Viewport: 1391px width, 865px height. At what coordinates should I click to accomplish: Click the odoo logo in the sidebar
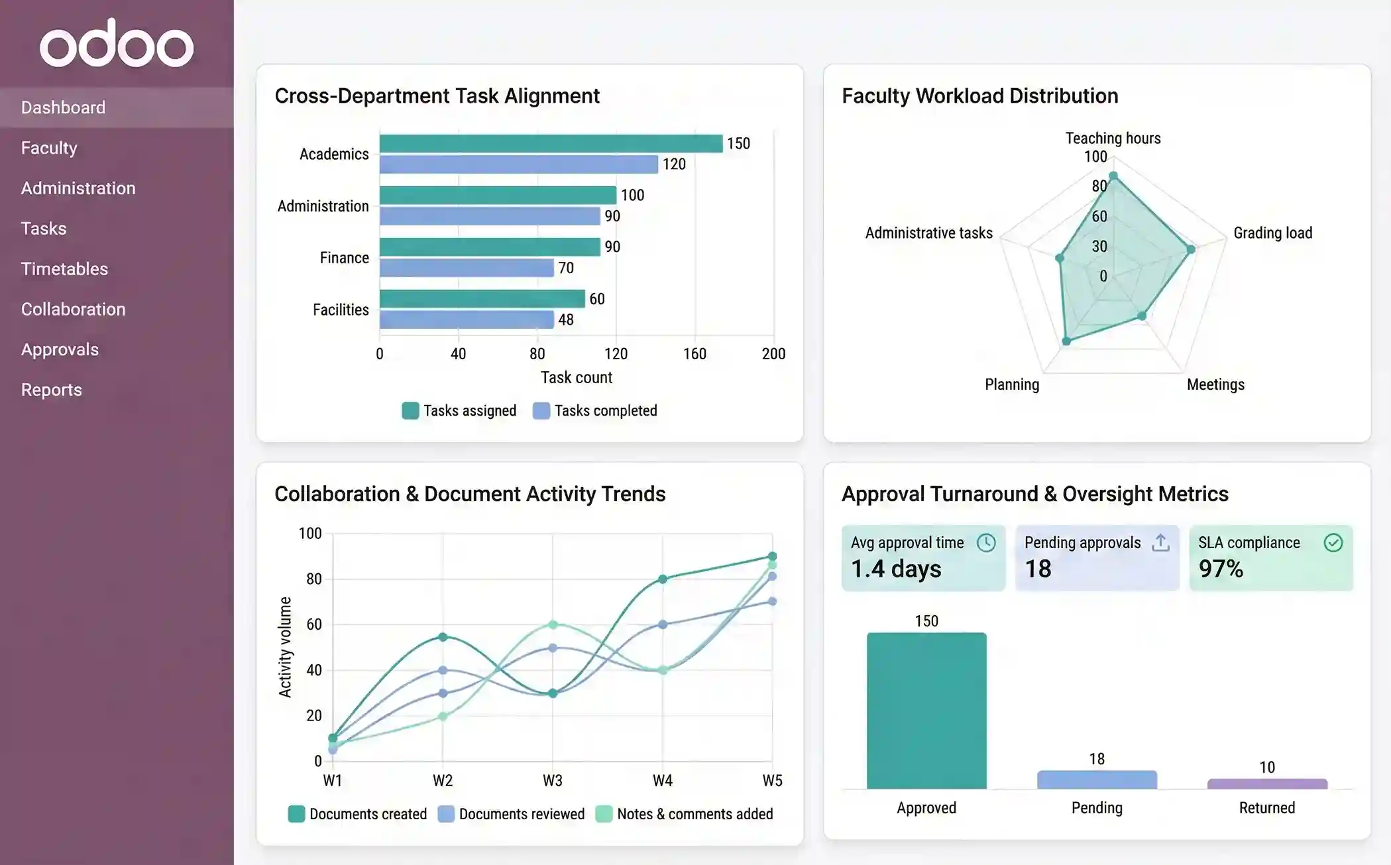pos(117,44)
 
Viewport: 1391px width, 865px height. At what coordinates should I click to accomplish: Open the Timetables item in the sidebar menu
pos(64,268)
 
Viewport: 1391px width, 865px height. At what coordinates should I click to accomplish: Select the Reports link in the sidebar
pos(51,390)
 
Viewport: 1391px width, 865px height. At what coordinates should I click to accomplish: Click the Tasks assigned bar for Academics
pos(550,143)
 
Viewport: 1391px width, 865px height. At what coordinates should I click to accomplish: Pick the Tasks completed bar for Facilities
pos(466,319)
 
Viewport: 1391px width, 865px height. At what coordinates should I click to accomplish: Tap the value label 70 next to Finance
pos(565,268)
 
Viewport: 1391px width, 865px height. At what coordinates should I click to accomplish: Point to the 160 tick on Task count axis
pos(695,354)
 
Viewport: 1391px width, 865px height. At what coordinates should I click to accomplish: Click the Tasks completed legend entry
pos(594,411)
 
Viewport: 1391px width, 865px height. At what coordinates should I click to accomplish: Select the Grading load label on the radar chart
pos(1272,233)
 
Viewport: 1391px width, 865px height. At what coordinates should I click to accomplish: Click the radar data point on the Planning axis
pos(1066,341)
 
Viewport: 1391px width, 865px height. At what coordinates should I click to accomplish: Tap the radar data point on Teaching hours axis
pos(1113,176)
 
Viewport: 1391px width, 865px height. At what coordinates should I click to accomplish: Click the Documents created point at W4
pos(662,579)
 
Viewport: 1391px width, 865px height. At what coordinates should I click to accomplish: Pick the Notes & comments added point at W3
pos(553,624)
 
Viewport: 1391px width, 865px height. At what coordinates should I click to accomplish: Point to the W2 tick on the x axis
pos(443,780)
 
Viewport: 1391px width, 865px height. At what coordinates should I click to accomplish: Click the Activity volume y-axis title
pos(285,647)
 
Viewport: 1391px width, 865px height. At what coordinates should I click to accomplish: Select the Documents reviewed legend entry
pos(512,814)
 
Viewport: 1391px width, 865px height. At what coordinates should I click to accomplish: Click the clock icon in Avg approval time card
pos(986,543)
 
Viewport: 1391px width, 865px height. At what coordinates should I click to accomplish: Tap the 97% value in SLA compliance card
pos(1221,569)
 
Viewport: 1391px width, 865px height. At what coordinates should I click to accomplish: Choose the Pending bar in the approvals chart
pos(1097,779)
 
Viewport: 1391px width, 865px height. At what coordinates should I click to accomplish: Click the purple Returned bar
pos(1267,784)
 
